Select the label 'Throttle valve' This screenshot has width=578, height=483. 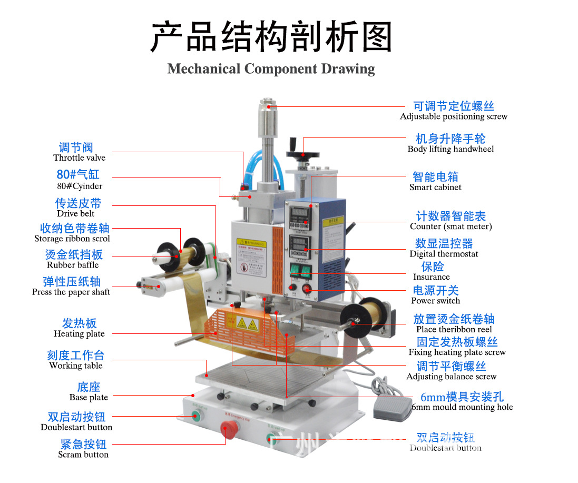pyautogui.click(x=79, y=157)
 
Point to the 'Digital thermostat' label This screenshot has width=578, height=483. pyautogui.click(x=444, y=253)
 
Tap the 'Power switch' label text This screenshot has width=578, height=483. pyautogui.click(x=435, y=300)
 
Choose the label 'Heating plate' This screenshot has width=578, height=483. pyautogui.click(x=79, y=333)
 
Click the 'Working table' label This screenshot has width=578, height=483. pyautogui.click(x=76, y=366)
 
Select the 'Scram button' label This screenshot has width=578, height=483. pyautogui.click(x=83, y=454)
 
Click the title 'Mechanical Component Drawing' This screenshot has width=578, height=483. pyautogui.click(x=271, y=69)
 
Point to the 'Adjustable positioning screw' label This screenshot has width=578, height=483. pyautogui.click(x=453, y=116)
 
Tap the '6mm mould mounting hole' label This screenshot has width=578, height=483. pyautogui.click(x=462, y=407)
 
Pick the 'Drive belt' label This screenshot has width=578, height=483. pyautogui.click(x=76, y=213)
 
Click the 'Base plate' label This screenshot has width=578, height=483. pyautogui.click(x=89, y=397)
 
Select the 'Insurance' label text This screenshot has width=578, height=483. pyautogui.click(x=431, y=277)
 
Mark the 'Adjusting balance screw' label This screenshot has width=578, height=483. pyautogui.click(x=451, y=376)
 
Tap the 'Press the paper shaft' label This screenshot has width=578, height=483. pyautogui.click(x=71, y=292)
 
